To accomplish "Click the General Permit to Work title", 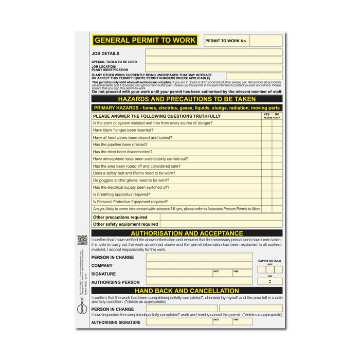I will point(145,40).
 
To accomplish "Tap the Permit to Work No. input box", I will point(266,41).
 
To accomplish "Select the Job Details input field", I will point(213,52).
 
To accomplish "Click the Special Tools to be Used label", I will point(114,62).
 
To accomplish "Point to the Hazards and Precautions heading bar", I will point(187,99).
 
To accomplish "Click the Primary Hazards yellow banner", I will point(187,108).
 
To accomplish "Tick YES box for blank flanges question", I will point(266,131).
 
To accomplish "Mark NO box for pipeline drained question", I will point(277,145).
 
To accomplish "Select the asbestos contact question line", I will point(176,209).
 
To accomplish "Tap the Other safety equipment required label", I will point(125,224).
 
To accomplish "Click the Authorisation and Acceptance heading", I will point(187,233).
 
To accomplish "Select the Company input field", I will point(199,265).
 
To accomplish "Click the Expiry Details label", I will point(270,261).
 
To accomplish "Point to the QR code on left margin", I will point(82,240).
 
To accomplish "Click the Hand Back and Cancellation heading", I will point(187,291).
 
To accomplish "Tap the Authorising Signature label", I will point(116,322).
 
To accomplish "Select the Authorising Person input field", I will point(199,282).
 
